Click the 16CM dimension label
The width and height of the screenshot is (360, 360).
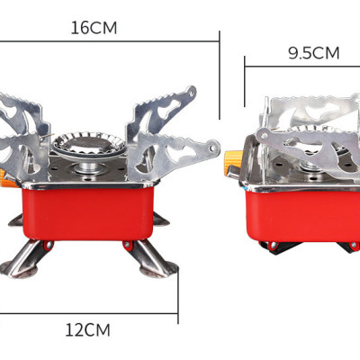coord(94,27)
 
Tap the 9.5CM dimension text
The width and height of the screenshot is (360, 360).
coord(313,52)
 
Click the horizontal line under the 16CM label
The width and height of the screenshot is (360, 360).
coord(108,40)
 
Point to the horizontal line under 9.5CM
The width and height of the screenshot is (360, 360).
coord(301,65)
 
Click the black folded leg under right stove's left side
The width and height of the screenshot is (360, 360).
coord(270,246)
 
